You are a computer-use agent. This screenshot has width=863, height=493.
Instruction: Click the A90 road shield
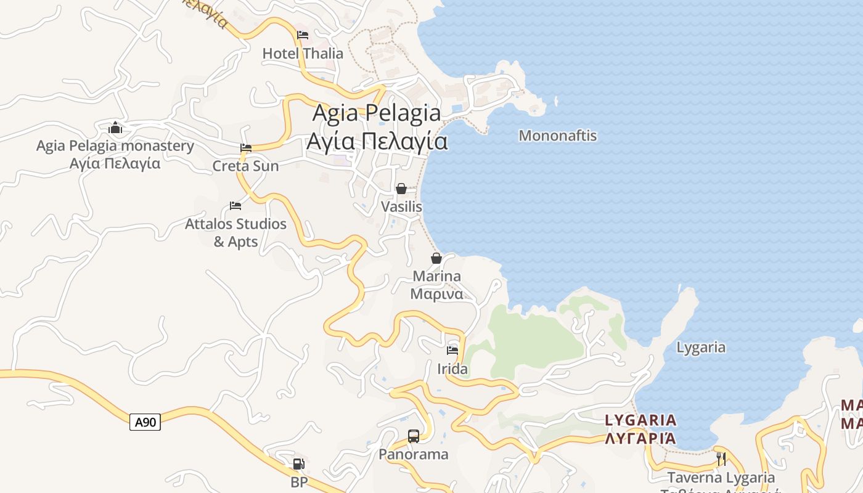145,422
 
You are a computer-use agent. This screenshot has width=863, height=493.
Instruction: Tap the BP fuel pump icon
298,464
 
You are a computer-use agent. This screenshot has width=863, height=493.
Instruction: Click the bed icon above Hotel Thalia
302,35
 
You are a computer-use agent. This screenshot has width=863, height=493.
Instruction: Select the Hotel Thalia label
303,54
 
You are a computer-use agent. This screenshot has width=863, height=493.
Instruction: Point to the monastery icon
115,128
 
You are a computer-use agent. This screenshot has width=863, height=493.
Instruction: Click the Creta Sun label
245,166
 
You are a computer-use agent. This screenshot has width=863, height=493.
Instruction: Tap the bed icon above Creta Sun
246,148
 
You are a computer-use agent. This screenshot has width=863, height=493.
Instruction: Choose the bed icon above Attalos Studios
235,205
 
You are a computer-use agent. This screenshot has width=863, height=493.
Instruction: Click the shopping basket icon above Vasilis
401,189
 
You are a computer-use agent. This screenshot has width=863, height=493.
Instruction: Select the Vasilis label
401,206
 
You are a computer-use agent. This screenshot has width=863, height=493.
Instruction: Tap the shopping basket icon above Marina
436,258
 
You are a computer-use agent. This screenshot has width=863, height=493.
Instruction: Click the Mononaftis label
558,136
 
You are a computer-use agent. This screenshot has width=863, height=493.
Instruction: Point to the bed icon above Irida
452,351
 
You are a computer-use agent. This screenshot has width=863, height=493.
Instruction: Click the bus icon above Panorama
414,436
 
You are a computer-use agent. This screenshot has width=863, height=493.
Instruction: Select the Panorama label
414,455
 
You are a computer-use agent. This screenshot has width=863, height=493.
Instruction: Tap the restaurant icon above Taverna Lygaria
721,459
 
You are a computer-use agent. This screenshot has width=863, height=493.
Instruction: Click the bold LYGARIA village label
640,421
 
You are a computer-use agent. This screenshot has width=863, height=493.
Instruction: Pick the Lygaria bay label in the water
701,348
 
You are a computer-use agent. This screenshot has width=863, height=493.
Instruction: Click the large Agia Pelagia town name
377,113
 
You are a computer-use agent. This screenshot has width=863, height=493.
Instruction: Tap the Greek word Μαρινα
436,294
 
